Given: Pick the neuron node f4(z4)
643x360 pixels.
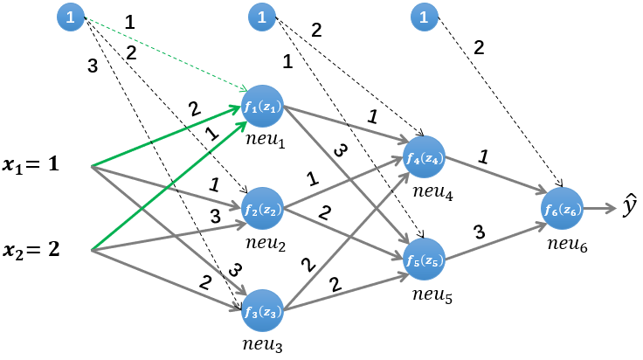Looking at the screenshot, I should [x=425, y=157].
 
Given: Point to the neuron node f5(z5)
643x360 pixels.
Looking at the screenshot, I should [x=425, y=259].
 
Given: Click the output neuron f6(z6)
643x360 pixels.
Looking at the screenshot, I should [x=561, y=209].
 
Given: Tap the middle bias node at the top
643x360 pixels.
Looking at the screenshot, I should [x=261, y=15].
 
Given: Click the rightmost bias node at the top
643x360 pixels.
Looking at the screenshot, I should [x=424, y=15].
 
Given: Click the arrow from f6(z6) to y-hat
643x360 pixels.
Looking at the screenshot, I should [x=599, y=209].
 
